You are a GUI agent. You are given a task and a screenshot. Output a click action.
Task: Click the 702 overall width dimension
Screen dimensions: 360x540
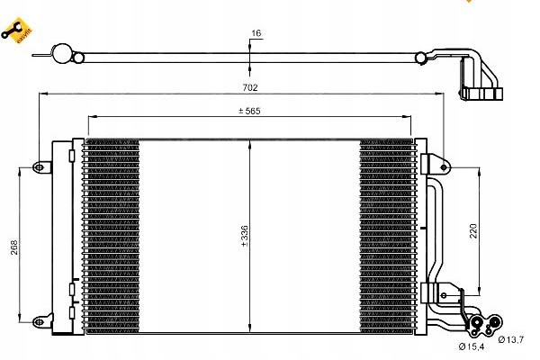click(250, 88)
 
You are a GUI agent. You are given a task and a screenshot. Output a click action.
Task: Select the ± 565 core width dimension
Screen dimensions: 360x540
click(249, 112)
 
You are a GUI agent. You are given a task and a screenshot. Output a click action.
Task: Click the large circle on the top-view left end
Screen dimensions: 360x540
click(61, 54)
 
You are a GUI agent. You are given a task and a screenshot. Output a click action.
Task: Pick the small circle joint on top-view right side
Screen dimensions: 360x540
click(420, 59)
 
